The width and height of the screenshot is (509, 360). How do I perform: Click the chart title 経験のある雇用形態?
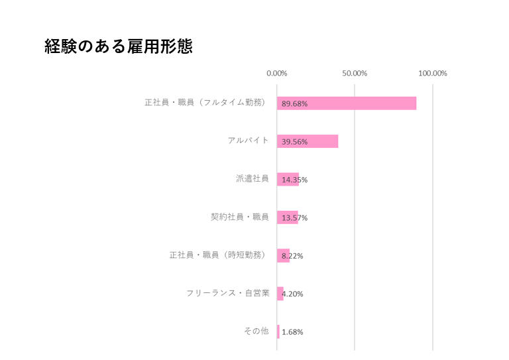(x=118, y=47)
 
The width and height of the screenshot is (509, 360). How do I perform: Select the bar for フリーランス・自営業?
(x=279, y=293)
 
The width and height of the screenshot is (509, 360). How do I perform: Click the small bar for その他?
(x=278, y=331)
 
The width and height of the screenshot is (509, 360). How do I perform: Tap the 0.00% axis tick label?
(x=276, y=73)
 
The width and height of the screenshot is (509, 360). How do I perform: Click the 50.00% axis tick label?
(x=355, y=73)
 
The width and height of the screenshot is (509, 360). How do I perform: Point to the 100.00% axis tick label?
(x=432, y=73)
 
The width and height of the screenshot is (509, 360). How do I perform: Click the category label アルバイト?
(x=248, y=141)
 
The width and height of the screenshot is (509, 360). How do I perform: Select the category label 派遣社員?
(x=252, y=178)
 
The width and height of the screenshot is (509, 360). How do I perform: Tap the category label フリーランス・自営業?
(x=227, y=293)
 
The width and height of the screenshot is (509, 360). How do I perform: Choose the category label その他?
(x=256, y=331)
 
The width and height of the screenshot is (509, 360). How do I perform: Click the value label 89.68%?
(x=294, y=104)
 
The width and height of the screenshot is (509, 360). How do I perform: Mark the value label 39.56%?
(x=294, y=142)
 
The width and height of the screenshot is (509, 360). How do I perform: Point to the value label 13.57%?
(x=294, y=218)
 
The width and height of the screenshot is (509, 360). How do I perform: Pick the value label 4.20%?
(x=292, y=294)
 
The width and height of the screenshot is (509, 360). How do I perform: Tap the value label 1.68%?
(x=292, y=332)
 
